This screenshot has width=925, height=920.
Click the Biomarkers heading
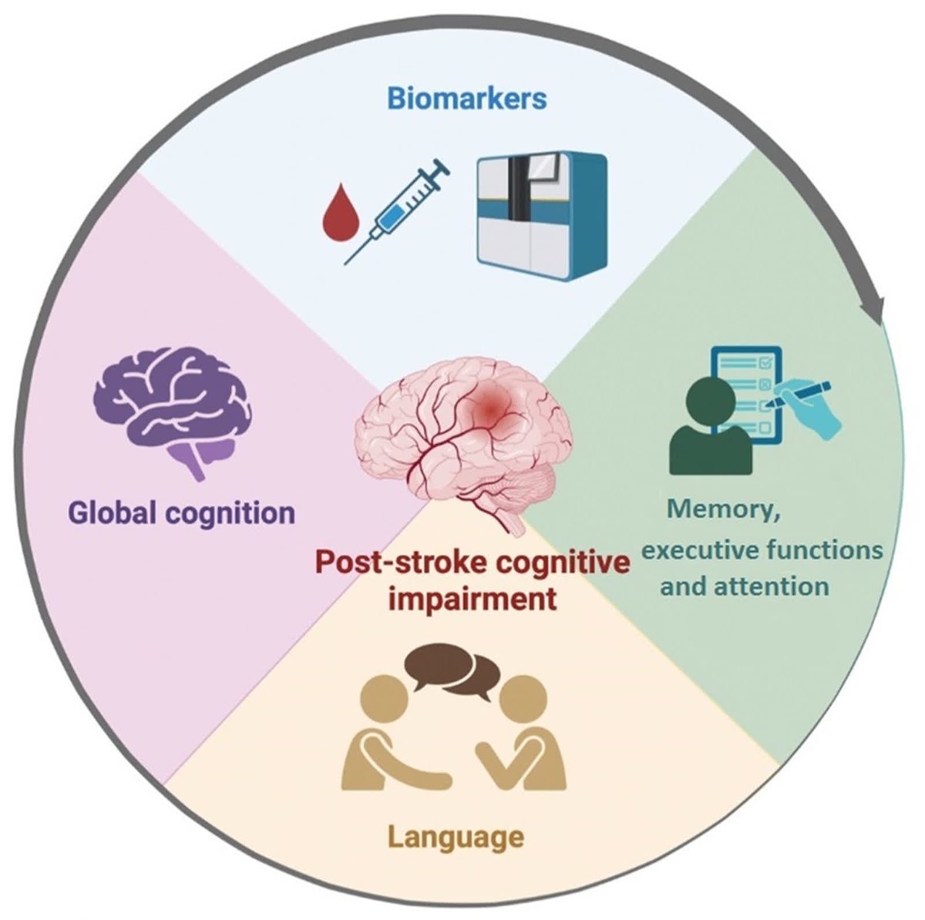pyautogui.click(x=466, y=99)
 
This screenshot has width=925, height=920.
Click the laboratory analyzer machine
pyautogui.click(x=541, y=216)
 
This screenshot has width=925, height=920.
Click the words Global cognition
pyautogui.click(x=182, y=513)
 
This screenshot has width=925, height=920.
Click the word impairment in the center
pyautogui.click(x=472, y=599)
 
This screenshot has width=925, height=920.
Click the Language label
pyautogui.click(x=455, y=836)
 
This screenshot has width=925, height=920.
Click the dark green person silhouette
pyautogui.click(x=710, y=431)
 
